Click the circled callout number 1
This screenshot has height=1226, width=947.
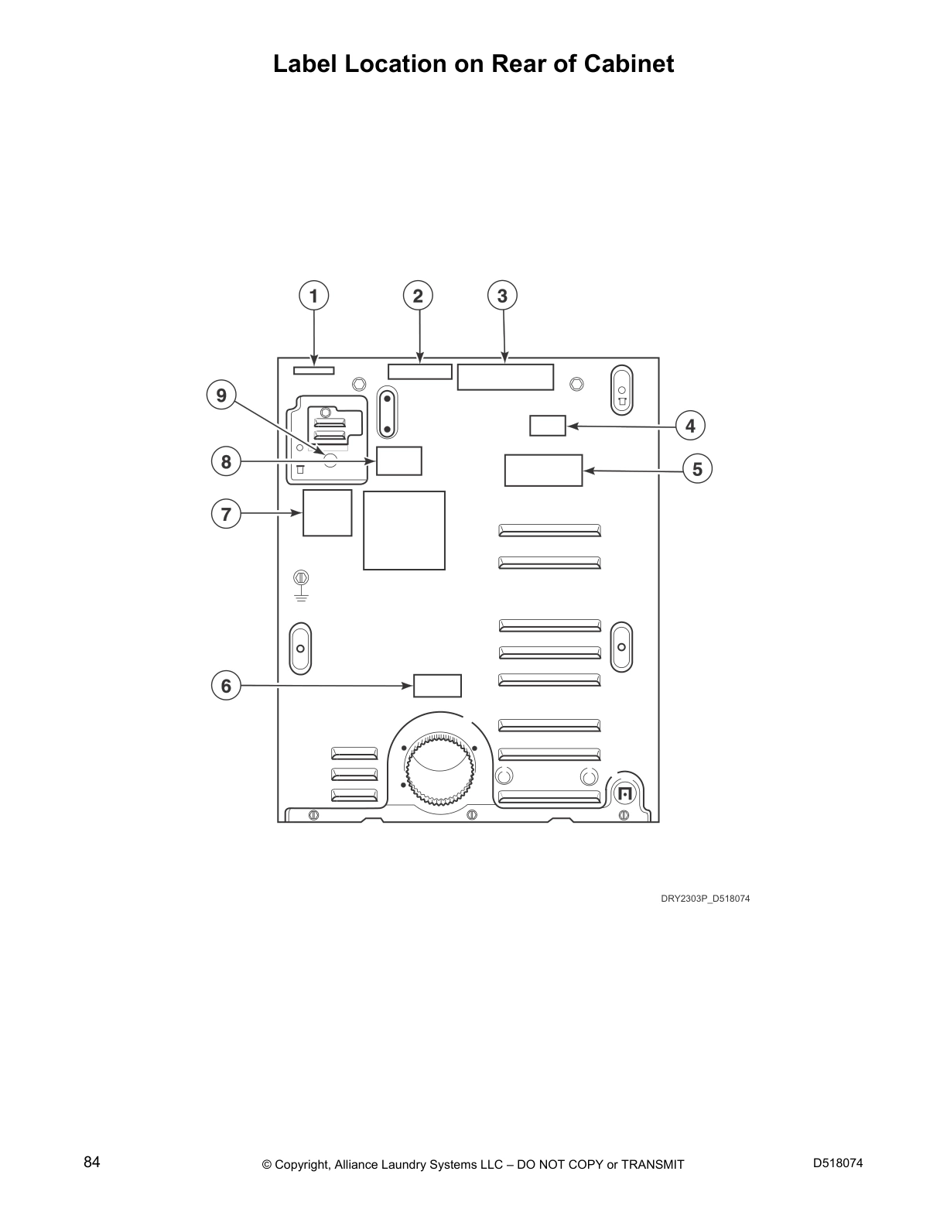313,296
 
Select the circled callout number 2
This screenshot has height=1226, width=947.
418,296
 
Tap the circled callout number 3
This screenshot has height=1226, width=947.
502,296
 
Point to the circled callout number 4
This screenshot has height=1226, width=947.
690,426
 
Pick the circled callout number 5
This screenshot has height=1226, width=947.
698,469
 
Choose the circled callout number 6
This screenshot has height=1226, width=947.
226,686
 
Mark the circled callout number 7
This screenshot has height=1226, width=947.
226,514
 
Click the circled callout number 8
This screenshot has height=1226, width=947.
226,461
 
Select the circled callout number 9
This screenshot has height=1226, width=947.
221,395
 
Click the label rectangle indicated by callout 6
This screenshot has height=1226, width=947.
437,686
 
